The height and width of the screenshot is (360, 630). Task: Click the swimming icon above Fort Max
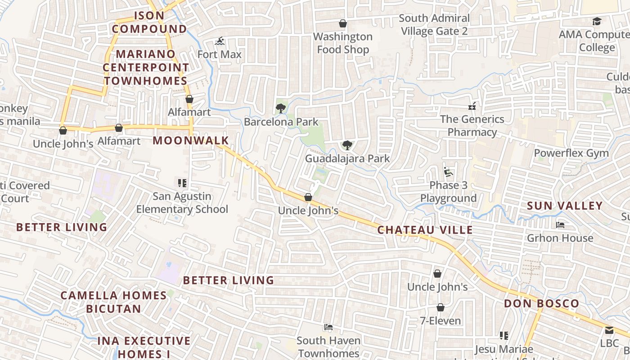(x=220, y=42)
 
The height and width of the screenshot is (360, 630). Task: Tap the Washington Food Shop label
(x=343, y=43)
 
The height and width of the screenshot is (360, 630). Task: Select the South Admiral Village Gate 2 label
(x=434, y=25)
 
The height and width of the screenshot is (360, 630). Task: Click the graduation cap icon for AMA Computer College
(x=597, y=21)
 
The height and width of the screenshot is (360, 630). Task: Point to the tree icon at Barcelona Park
(x=281, y=108)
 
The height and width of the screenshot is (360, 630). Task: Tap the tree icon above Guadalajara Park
(x=347, y=145)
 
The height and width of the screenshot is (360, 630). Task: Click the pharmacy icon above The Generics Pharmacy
(x=472, y=106)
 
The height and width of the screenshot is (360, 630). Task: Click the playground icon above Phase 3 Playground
(x=448, y=172)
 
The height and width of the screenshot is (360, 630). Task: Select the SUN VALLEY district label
(x=564, y=206)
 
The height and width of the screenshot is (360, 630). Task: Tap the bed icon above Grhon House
(x=560, y=225)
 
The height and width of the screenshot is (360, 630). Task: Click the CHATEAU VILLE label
(x=425, y=230)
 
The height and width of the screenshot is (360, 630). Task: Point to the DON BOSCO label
(x=541, y=304)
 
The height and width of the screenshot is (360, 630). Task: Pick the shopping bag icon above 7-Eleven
(x=440, y=307)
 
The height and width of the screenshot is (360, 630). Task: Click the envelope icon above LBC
(x=609, y=330)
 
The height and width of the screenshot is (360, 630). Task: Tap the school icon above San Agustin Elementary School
(x=182, y=183)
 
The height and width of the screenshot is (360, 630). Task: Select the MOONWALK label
(x=191, y=140)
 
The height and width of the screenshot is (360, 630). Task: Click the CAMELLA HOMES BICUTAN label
(x=113, y=302)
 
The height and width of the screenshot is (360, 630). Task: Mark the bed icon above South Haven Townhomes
(x=328, y=327)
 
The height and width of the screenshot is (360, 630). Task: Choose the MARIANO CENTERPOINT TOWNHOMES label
(x=145, y=67)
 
